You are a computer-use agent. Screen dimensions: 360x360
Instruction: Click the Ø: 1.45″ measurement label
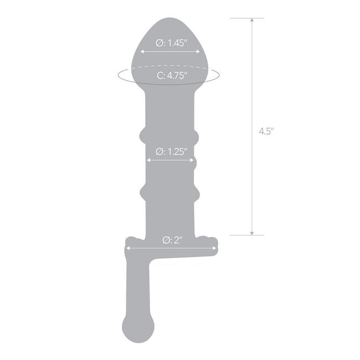pyautogui.click(x=170, y=42)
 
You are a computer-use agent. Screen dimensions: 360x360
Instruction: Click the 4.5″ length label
pyautogui.click(x=267, y=132)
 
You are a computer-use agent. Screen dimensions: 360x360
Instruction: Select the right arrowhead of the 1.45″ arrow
pyautogui.click(x=199, y=52)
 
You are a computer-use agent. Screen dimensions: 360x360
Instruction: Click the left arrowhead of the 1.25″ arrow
pyautogui.click(x=147, y=160)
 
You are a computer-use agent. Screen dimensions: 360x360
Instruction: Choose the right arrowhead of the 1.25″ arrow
pyautogui.click(x=193, y=160)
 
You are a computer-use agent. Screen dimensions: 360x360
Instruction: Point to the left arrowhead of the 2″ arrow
pyautogui.click(x=128, y=249)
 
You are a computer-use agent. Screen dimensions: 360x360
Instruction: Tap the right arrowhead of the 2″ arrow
pyautogui.click(x=216, y=249)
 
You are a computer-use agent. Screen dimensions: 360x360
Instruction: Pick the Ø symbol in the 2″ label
pyautogui.click(x=166, y=240)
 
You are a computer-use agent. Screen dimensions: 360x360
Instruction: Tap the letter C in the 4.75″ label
pyautogui.click(x=158, y=76)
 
